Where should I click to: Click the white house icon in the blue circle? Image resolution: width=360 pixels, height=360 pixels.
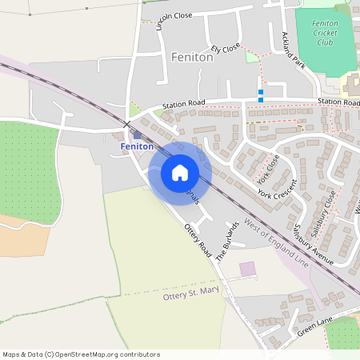(x=180, y=172)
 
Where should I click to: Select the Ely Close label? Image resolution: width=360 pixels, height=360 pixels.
(x=226, y=49)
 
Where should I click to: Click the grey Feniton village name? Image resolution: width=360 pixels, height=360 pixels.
(x=192, y=58)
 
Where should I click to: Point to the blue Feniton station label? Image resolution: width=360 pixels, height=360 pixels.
(x=136, y=147)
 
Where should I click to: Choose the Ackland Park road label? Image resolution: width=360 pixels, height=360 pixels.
(x=294, y=50)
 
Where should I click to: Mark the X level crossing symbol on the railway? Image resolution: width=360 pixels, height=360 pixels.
(x=126, y=124)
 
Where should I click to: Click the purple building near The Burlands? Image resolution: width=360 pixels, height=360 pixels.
(x=247, y=270)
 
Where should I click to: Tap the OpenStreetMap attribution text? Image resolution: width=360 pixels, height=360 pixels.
(x=81, y=354)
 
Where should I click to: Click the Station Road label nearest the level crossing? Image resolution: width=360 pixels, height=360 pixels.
(x=183, y=105)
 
